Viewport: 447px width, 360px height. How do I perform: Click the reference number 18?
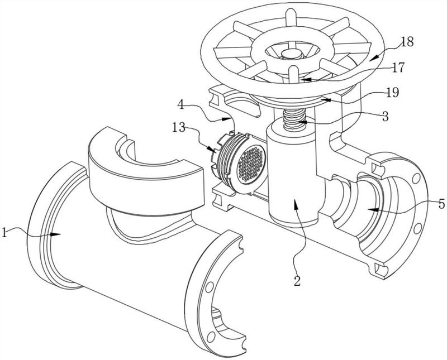(x=407, y=42)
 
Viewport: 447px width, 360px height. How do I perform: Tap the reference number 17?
(x=398, y=68)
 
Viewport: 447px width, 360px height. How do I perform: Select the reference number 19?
(x=393, y=92)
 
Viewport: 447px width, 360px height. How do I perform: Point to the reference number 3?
(x=385, y=117)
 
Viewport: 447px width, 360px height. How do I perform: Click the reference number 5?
(x=441, y=204)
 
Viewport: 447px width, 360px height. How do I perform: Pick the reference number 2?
(x=297, y=281)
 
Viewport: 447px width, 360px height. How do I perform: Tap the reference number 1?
(x=4, y=232)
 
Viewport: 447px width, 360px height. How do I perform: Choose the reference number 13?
(x=179, y=127)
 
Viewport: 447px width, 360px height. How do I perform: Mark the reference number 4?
(x=181, y=104)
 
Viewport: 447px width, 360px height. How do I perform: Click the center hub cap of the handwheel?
(x=291, y=53)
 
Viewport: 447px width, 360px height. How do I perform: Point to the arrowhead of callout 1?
(x=56, y=234)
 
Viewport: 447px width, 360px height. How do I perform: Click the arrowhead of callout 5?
(x=372, y=210)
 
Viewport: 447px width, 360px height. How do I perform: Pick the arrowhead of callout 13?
(x=211, y=149)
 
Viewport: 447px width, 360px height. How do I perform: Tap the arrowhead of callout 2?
(x=294, y=204)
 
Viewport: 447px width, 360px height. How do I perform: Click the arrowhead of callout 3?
(x=302, y=122)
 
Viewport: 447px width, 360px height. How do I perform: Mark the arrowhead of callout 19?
(x=326, y=100)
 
